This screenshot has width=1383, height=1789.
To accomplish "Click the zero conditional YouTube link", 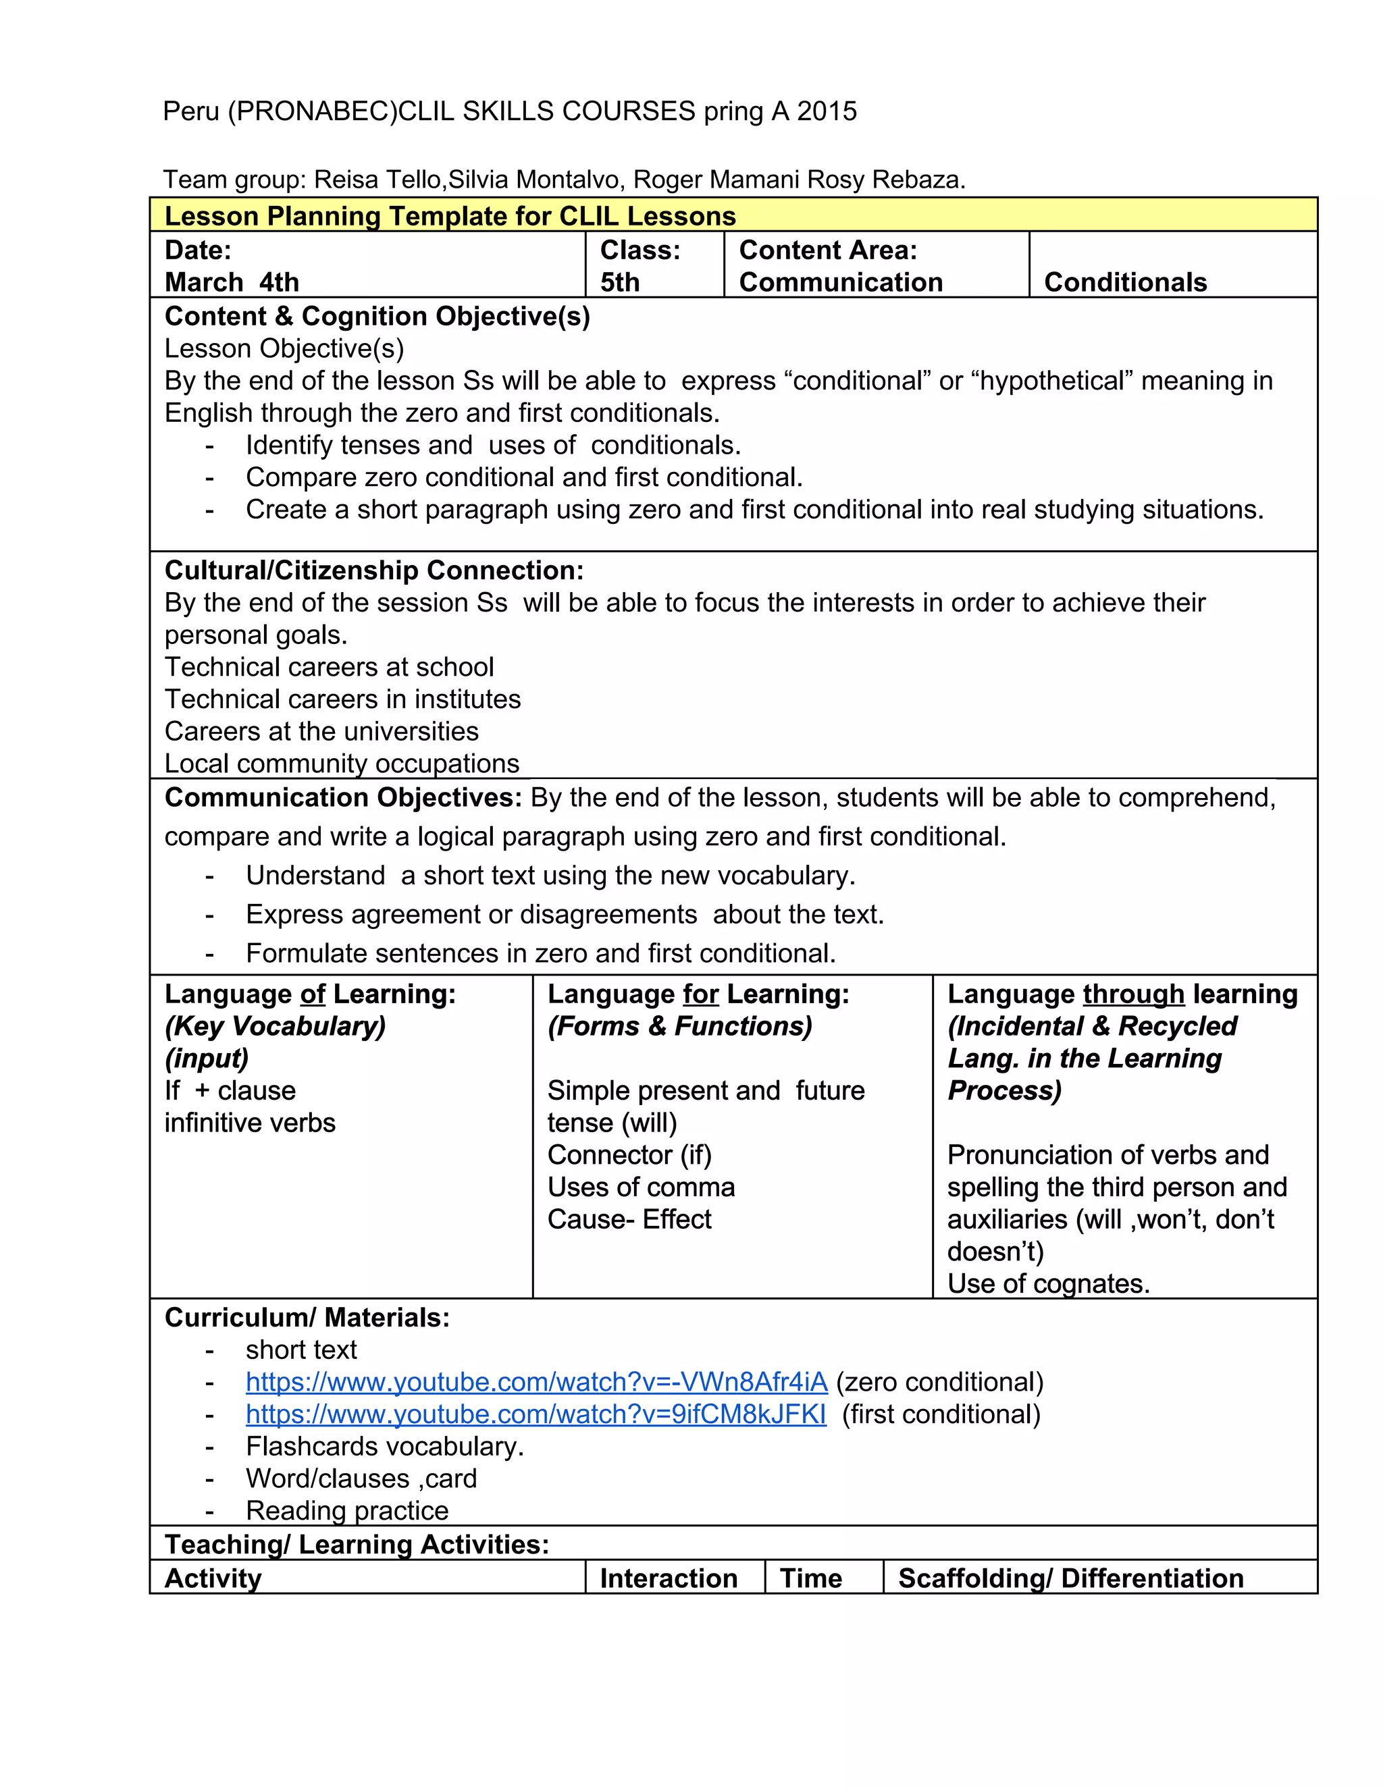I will coord(537,1383).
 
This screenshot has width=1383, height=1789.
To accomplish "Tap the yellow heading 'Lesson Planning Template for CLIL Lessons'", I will coord(450,216).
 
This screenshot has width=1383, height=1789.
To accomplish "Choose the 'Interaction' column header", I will coord(668,1578).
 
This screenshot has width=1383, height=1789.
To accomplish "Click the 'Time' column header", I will coord(810,1578).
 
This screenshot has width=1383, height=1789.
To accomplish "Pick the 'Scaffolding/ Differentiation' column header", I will coord(1070,1578).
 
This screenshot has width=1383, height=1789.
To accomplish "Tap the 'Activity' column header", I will coord(213,1578).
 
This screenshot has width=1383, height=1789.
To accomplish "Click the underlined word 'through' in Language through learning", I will coord(1133,994).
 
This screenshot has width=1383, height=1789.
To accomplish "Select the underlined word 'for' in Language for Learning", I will coord(700,994).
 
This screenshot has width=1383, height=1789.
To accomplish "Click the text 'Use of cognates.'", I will coord(1048,1283).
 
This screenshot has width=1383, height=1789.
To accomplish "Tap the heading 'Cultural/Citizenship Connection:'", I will coord(373,571).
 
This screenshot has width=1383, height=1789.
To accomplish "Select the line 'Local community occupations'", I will coord(342,764).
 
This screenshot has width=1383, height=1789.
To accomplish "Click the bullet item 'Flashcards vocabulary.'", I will coord(384,1447).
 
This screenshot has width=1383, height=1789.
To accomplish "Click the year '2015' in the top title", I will coord(827,111).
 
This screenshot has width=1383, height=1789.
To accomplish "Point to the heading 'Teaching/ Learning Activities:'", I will coord(357,1545).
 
